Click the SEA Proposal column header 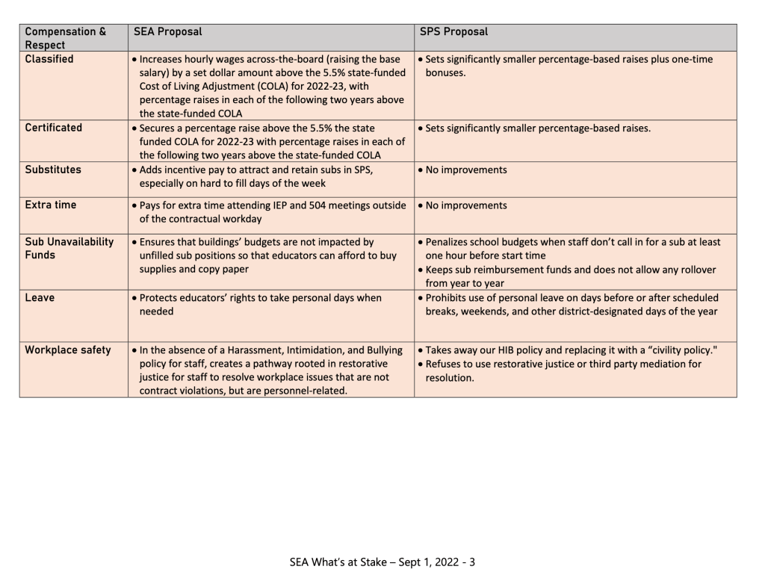point(167,32)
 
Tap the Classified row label point(49,59)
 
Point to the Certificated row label point(54,128)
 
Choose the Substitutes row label point(53,170)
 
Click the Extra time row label point(51,205)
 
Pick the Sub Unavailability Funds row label point(69,248)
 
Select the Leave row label point(40,298)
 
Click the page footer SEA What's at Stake point(382,562)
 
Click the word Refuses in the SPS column point(445,364)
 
